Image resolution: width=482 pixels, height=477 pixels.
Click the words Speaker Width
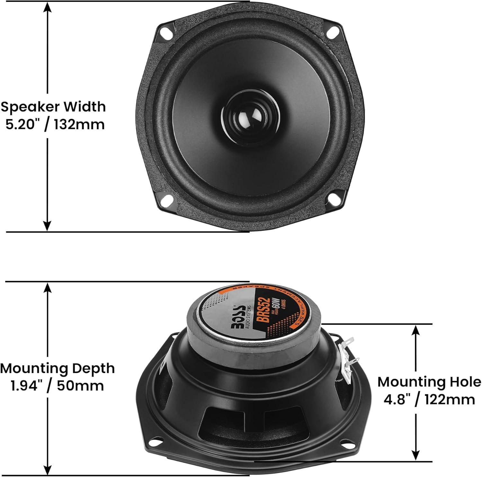tap(53, 107)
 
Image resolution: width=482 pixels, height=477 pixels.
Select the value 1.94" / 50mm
tap(58, 385)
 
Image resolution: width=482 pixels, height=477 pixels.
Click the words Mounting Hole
tap(429, 382)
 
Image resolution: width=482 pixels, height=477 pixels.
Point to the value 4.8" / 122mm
tap(429, 399)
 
